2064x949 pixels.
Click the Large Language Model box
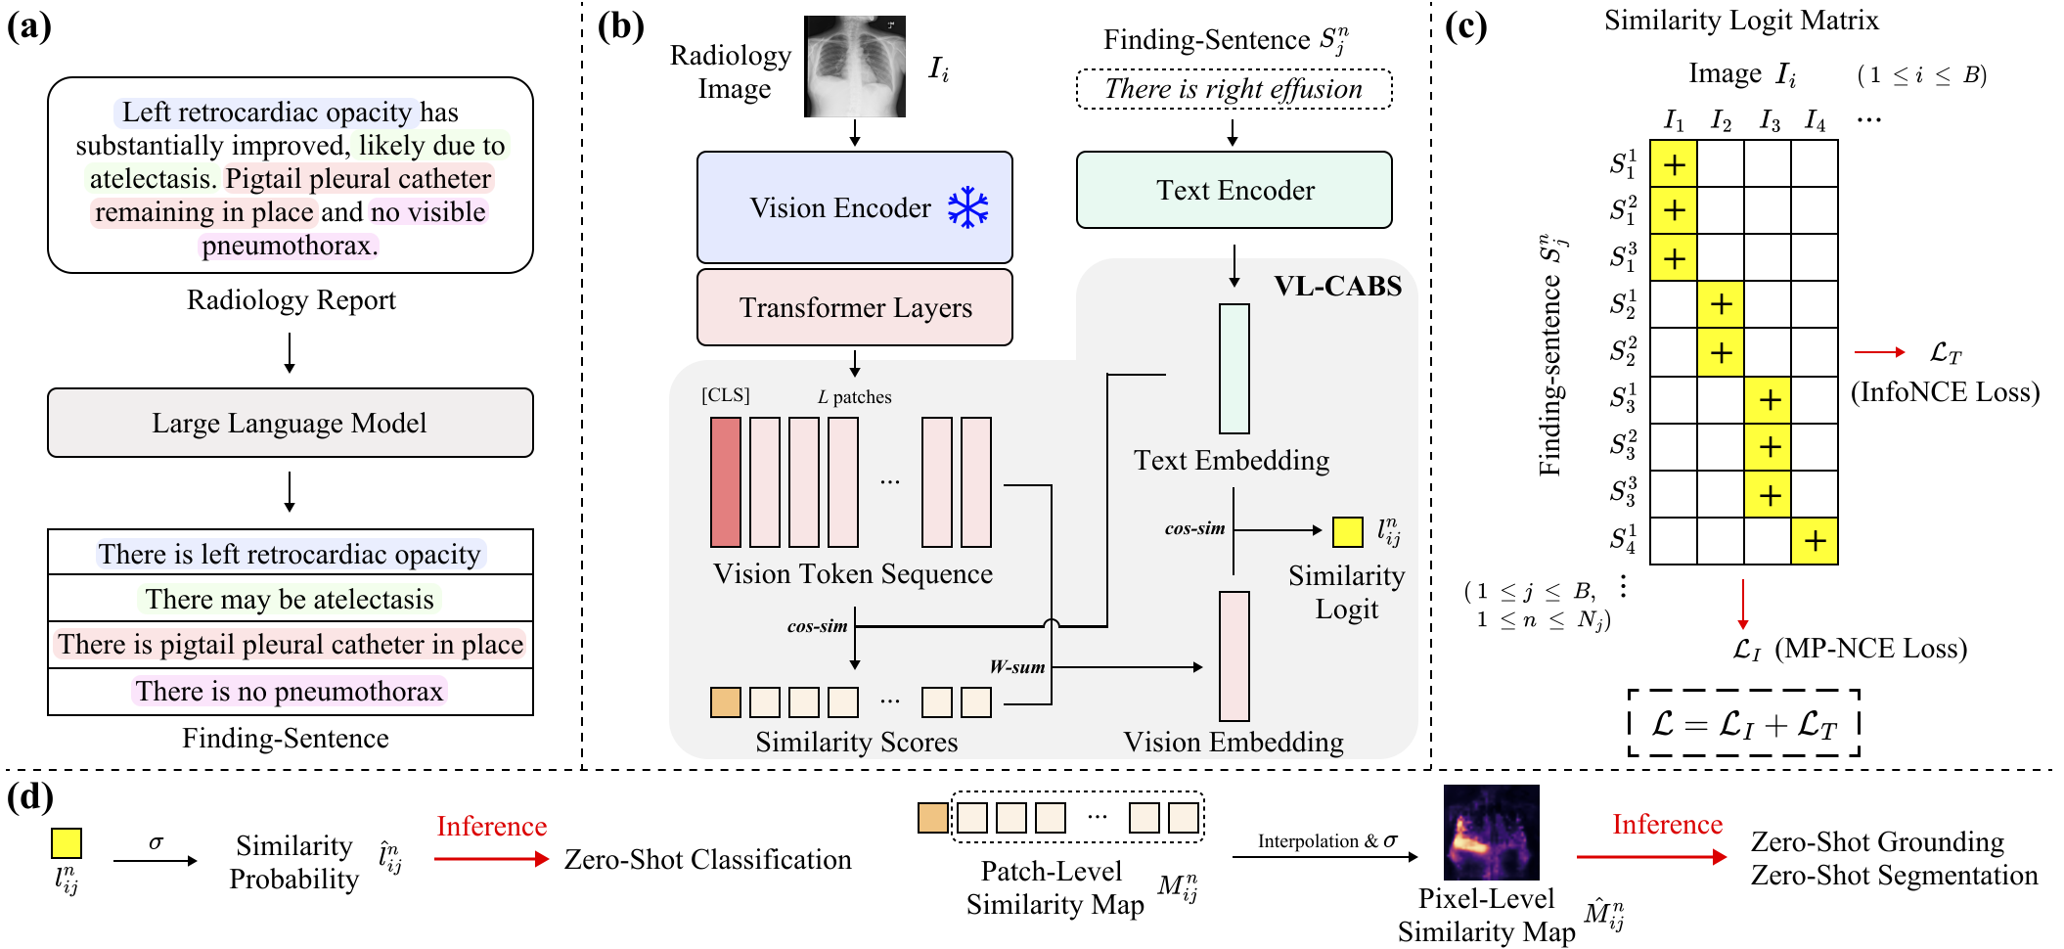pos(290,423)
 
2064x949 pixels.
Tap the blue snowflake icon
pos(967,207)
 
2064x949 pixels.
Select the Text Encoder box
pos(1234,190)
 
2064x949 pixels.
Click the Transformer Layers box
pos(854,307)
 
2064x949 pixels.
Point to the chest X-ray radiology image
pos(854,67)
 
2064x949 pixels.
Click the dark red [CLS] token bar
pos(725,481)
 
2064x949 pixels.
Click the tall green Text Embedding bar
pos(1234,368)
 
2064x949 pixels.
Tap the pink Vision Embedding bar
pos(1234,655)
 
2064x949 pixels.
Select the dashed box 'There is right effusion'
pos(1234,89)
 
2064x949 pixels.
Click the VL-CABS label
pos(1337,286)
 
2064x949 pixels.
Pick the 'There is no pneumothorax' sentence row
pos(290,692)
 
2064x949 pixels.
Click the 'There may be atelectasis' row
pos(290,599)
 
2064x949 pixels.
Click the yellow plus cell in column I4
pos(1815,541)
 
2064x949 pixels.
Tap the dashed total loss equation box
pos(1743,723)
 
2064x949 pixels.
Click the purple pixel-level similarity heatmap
pos(1491,833)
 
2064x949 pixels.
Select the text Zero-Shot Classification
pos(707,859)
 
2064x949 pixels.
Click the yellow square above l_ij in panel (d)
pos(67,842)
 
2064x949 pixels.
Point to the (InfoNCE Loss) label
pos(1945,392)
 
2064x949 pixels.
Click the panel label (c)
pos(1465,26)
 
